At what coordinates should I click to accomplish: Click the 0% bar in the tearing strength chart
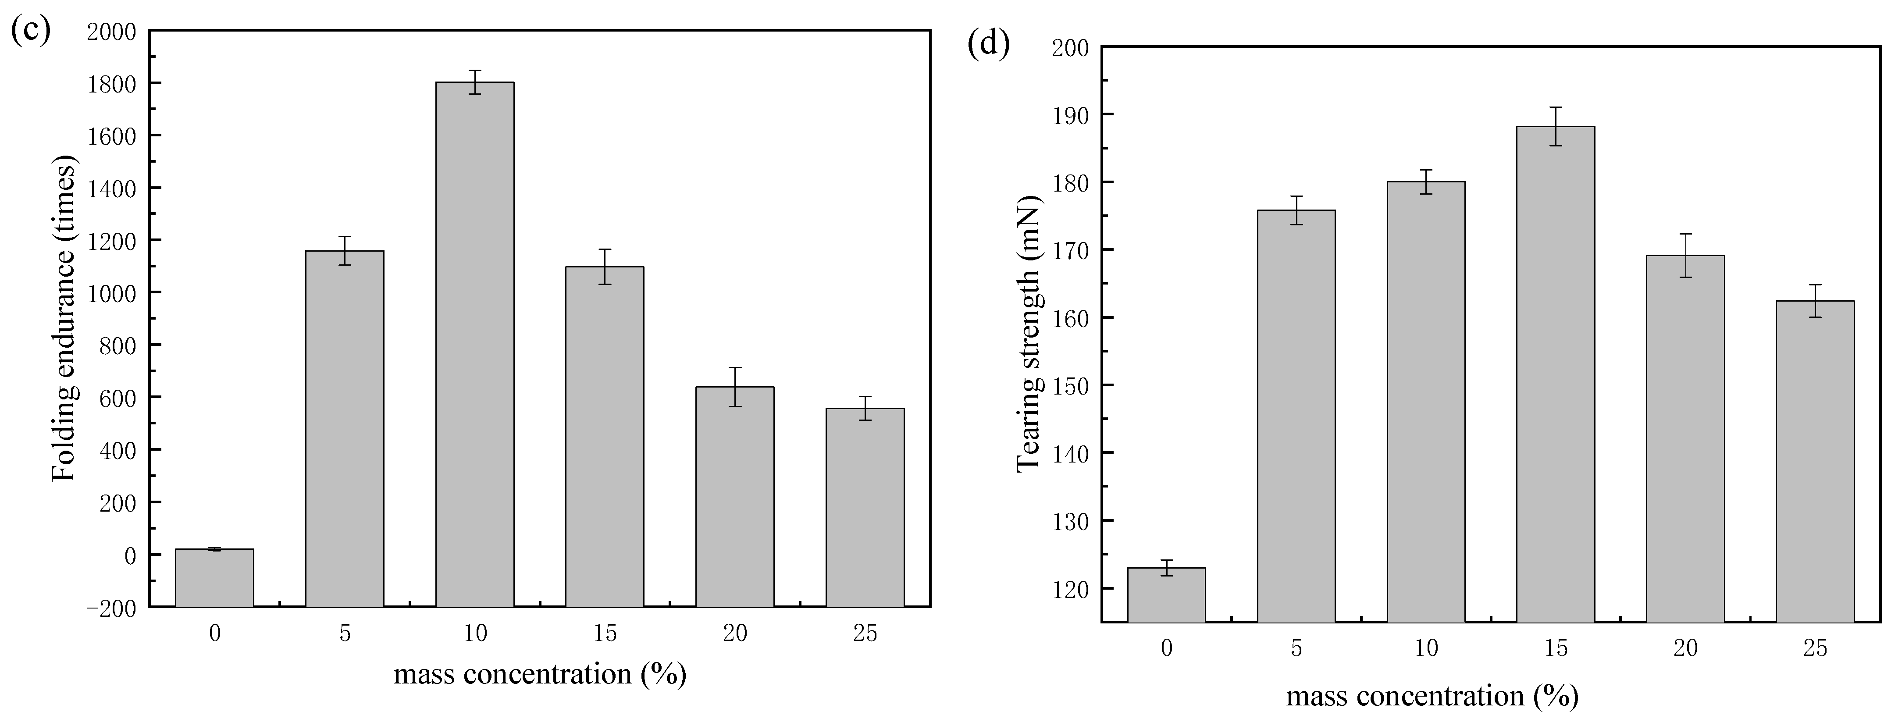(1166, 594)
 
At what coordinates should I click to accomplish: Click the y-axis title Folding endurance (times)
(64, 319)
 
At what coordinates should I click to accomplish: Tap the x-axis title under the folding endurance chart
(540, 673)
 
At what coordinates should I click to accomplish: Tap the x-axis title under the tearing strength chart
(1432, 695)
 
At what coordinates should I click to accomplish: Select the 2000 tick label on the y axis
(111, 32)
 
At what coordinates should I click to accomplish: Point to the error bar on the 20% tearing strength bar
(1685, 256)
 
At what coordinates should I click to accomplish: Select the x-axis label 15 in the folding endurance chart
(605, 633)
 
